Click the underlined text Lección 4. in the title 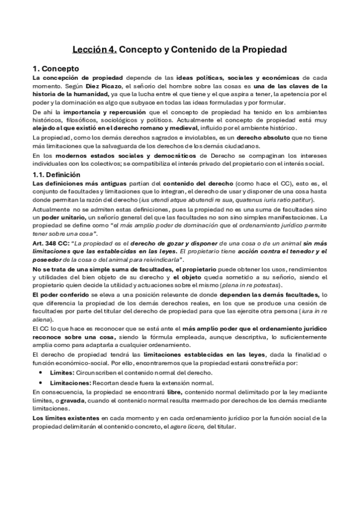[x=94, y=50]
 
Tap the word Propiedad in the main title [x=261, y=50]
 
